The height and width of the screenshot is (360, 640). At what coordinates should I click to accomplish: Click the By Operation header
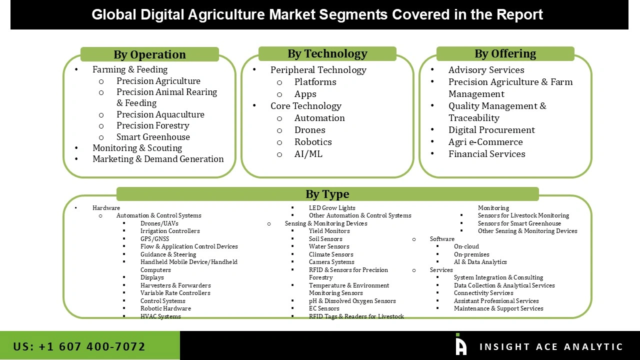point(149,54)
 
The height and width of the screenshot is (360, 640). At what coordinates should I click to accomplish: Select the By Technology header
point(327,53)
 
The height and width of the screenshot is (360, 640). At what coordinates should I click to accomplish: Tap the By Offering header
point(505,53)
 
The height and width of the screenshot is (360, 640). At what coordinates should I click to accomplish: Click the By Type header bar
point(327,194)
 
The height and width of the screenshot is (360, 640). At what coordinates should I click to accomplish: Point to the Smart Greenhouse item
point(153,136)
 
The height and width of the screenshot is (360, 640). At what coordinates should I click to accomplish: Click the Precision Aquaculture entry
point(160,114)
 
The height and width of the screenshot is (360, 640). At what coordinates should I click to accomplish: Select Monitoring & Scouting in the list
point(137,147)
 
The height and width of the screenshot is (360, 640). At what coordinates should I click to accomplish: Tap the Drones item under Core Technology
point(309,129)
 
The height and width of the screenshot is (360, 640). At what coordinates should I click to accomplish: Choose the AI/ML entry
point(308,153)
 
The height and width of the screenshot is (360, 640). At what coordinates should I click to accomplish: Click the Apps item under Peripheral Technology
point(305,93)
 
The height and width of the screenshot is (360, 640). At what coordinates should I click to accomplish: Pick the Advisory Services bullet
point(486,69)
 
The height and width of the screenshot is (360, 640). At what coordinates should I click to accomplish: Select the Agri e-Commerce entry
point(485,141)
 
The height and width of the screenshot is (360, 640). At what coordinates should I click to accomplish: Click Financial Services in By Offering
point(486,153)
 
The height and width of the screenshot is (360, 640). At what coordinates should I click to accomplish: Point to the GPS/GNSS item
point(154,238)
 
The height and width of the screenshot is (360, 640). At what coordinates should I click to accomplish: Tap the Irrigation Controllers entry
point(170,231)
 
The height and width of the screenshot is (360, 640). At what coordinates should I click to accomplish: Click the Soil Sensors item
point(325,238)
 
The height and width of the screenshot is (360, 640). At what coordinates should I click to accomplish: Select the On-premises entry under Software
point(471,254)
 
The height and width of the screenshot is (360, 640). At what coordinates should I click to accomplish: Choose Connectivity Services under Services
point(483,293)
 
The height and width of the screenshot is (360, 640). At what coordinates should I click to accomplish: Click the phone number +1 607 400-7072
point(79,346)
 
